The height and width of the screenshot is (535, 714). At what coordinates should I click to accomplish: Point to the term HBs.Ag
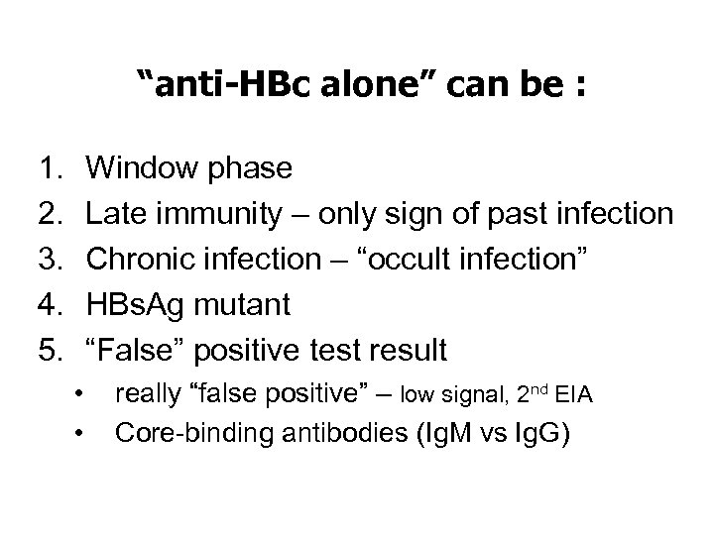(134, 305)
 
